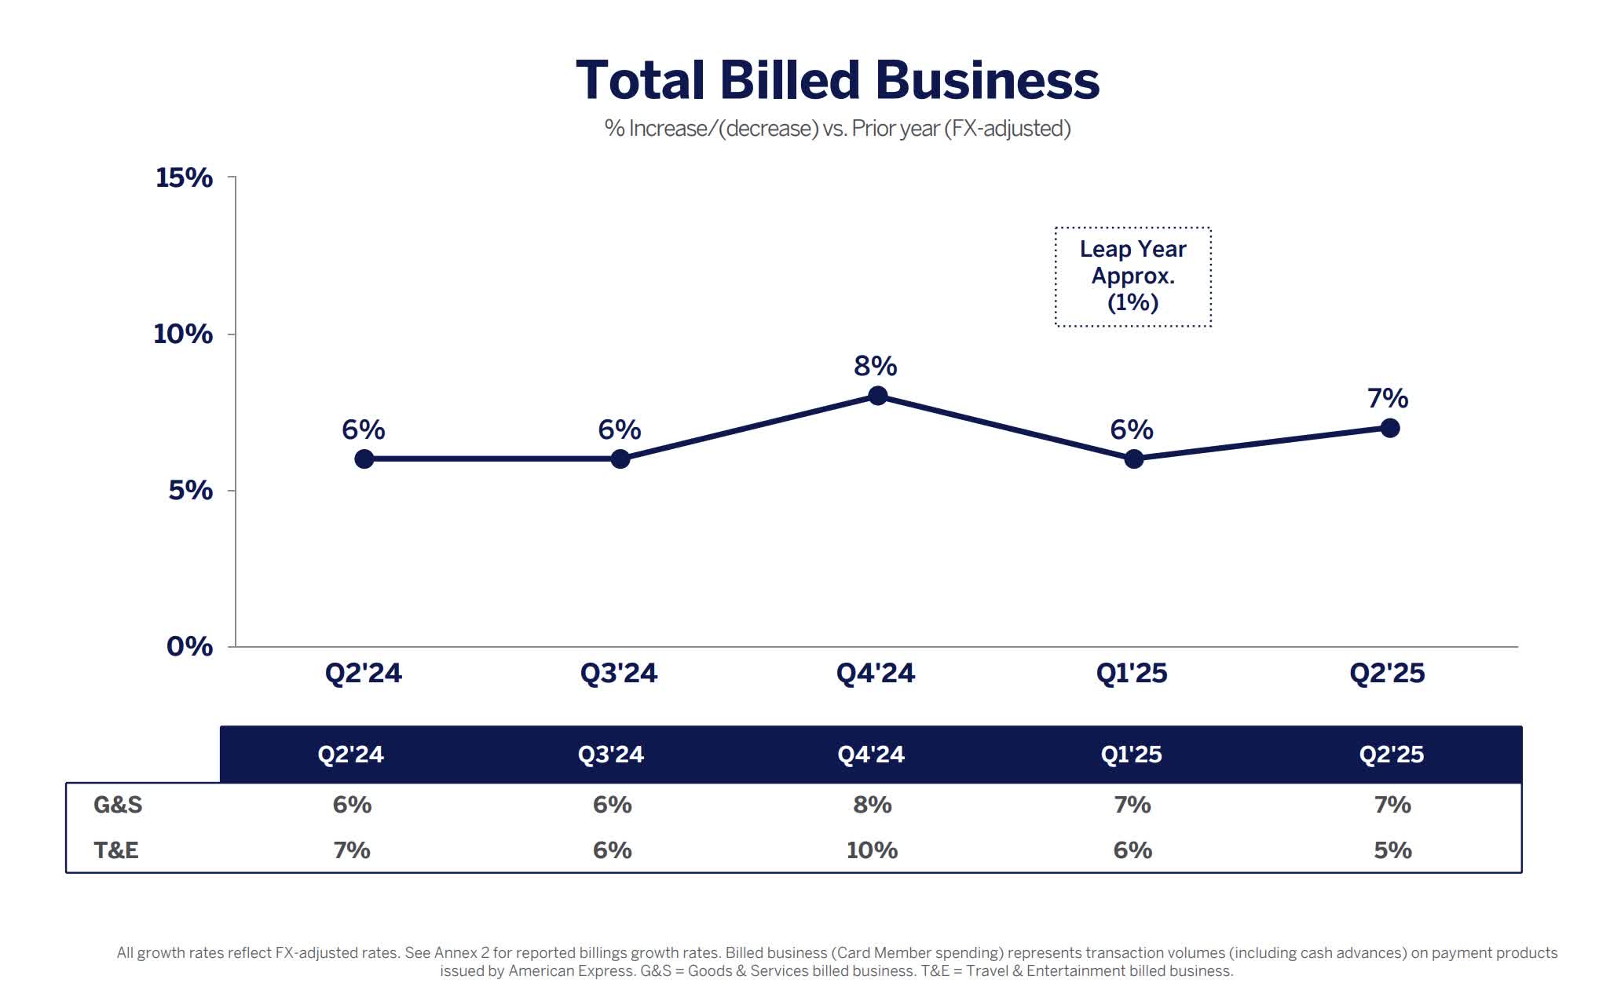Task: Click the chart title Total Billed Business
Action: coord(837,80)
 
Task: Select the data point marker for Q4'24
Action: coord(878,396)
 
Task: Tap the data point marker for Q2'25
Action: coord(1389,428)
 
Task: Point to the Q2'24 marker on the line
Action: coord(364,459)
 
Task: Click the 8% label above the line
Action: coord(875,366)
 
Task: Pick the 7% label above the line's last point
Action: coord(1388,398)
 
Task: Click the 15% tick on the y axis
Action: coord(184,177)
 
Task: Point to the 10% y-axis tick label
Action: coord(182,334)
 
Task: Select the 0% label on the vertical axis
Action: coord(189,646)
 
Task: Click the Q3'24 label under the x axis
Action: coord(618,673)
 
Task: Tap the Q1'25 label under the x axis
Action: coord(1131,673)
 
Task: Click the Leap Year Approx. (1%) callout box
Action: coord(1132,276)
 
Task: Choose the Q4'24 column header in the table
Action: coord(870,754)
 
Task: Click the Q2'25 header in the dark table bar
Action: coord(1391,754)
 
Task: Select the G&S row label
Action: coord(118,805)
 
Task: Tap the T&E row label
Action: coord(116,850)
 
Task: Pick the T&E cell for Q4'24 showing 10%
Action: coord(872,850)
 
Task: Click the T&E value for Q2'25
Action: coord(1392,850)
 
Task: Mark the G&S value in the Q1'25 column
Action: coord(1132,805)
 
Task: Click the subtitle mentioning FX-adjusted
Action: coord(837,129)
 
